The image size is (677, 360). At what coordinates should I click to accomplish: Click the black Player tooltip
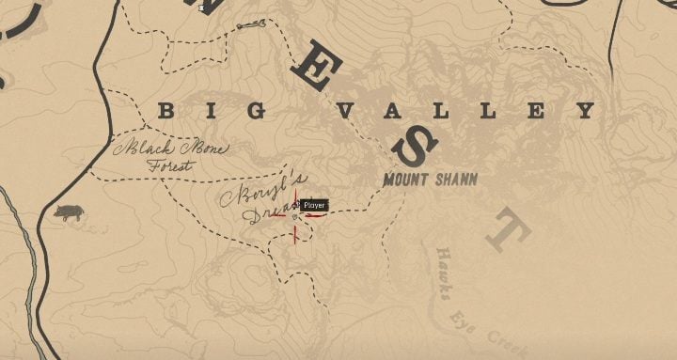click(314, 205)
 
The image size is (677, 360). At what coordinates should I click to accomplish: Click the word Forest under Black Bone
click(169, 166)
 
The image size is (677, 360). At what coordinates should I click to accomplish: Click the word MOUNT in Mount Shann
click(405, 179)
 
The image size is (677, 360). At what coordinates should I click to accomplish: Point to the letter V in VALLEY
click(344, 112)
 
